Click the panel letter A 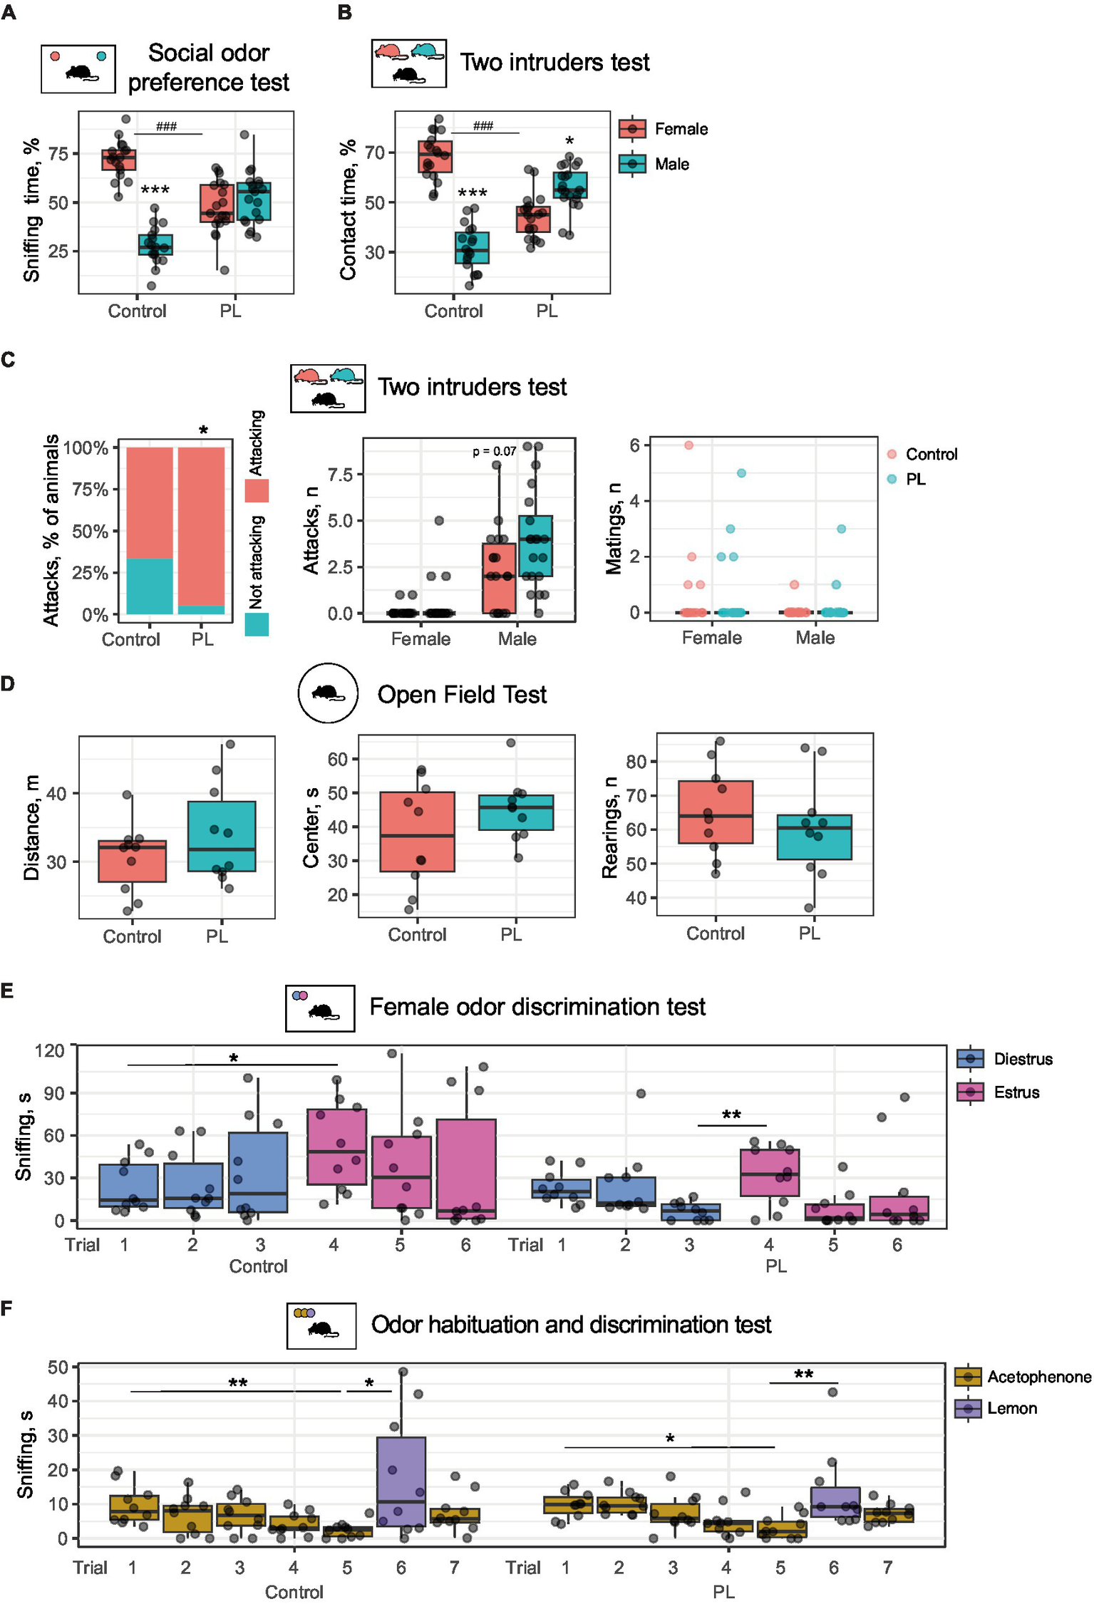pos(8,12)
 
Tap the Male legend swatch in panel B pos(632,164)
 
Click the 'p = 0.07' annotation pos(494,451)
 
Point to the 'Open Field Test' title pos(462,695)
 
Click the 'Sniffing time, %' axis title pos(31,210)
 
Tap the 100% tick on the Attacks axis pos(86,448)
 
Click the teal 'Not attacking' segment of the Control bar pos(150,586)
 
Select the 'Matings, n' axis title pos(614,528)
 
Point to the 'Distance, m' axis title pos(31,827)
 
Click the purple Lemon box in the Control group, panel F pos(401,1481)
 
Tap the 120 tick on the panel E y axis pos(50,1051)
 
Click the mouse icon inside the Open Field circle pos(328,693)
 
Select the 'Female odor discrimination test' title pos(537,1007)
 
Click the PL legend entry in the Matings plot pos(915,480)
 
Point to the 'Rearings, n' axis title pos(610,827)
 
